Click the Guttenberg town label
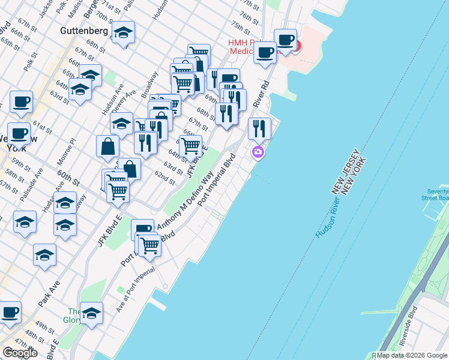[x=84, y=30]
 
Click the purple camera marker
[x=258, y=152]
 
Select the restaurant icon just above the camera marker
[x=259, y=128]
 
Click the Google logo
[x=20, y=353]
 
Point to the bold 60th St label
[x=68, y=178]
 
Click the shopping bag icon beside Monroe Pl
[x=107, y=146]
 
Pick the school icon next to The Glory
[x=92, y=313]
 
